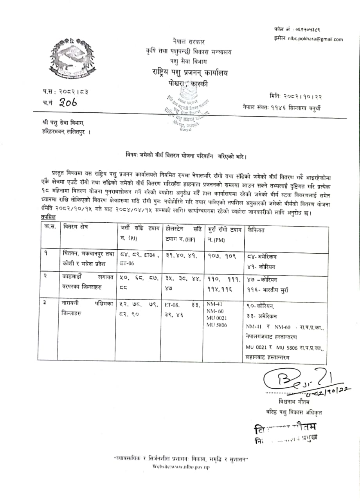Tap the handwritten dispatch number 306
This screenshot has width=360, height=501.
click(66, 103)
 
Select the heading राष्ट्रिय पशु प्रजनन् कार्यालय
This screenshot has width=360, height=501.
click(190, 72)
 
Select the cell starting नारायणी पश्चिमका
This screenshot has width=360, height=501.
click(87, 308)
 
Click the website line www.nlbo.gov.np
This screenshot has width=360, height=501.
click(181, 467)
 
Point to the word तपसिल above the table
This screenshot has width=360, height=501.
click(48, 217)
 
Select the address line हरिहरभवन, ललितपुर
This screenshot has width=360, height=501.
click(66, 132)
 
